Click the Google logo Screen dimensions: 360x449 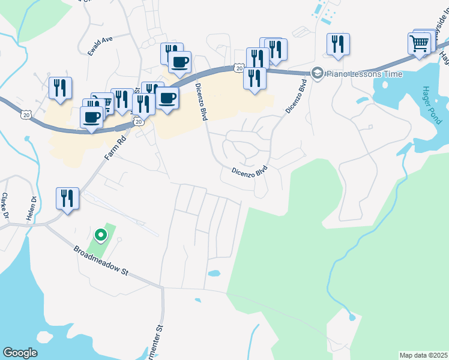20,353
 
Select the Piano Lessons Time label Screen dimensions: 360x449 356,73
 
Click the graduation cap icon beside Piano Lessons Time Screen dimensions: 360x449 317,73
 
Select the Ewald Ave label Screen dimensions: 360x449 100,46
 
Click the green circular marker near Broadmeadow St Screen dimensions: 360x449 101,235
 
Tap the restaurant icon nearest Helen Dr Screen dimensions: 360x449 67,198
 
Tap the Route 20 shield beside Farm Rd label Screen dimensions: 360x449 138,122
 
